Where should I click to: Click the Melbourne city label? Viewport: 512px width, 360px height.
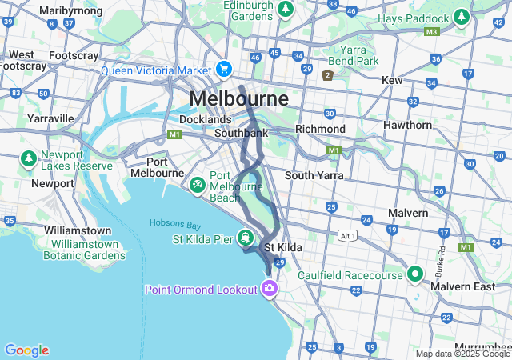coord(239,100)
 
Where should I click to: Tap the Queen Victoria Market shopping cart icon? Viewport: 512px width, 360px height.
coord(224,70)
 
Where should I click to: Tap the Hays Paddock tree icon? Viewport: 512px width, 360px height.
coord(461,17)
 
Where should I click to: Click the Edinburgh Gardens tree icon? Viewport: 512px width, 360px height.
coord(285,10)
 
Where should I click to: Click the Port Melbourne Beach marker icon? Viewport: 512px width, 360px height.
coord(197,183)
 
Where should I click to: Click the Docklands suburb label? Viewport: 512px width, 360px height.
coord(205,119)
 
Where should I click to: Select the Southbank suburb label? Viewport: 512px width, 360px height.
coord(241,133)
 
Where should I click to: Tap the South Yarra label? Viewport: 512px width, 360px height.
coord(314,175)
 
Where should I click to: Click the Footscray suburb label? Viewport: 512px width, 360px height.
coord(73,56)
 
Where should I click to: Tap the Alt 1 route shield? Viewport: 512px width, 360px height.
coord(346,237)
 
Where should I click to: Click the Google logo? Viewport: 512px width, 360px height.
coord(26,350)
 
